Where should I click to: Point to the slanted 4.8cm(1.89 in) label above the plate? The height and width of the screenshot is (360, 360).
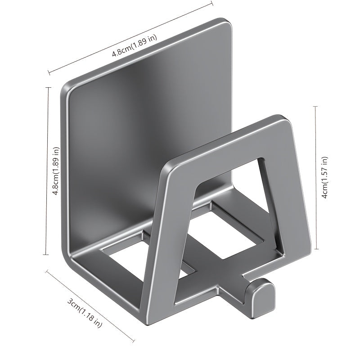[x=135, y=46]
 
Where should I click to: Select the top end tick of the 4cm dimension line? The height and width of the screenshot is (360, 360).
[x=316, y=106]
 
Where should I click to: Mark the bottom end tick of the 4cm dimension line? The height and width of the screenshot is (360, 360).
[x=316, y=248]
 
